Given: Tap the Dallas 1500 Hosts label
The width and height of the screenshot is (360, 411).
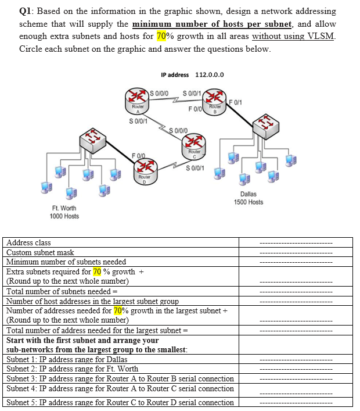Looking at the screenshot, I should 248,198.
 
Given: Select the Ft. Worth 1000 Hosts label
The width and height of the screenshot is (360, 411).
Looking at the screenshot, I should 64,212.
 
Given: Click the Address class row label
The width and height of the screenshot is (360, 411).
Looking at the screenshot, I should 28,242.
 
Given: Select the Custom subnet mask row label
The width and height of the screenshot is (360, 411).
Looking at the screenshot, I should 40,252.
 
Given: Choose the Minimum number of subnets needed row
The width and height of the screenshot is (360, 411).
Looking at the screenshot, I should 66,262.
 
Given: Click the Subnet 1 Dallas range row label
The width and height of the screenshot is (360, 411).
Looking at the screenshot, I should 67,359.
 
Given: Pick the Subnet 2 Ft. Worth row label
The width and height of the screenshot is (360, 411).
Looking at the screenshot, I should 72,369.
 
